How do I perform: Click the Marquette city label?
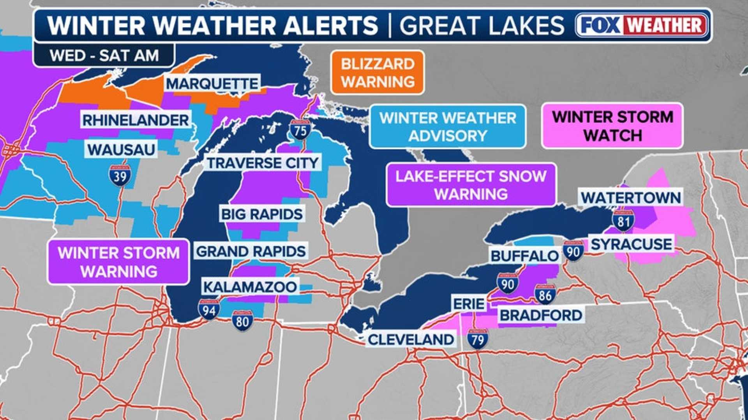[212, 84]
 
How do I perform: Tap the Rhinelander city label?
[136, 120]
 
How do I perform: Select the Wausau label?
[121, 149]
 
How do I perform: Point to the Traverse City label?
[263, 163]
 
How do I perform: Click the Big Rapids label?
[261, 214]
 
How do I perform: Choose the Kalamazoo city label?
[250, 287]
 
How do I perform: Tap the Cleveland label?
[411, 339]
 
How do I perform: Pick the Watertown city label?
[631, 197]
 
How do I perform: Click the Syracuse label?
[631, 244]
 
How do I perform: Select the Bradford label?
[541, 315]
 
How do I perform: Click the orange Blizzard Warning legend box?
[378, 72]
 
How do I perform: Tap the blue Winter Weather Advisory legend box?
[448, 127]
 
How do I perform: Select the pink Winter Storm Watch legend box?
[612, 126]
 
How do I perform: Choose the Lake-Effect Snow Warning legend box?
[471, 185]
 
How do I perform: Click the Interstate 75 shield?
[300, 130]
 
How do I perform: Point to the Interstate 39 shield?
[120, 176]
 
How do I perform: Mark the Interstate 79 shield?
[478, 339]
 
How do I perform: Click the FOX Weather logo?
[641, 25]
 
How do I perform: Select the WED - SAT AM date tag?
[104, 55]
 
